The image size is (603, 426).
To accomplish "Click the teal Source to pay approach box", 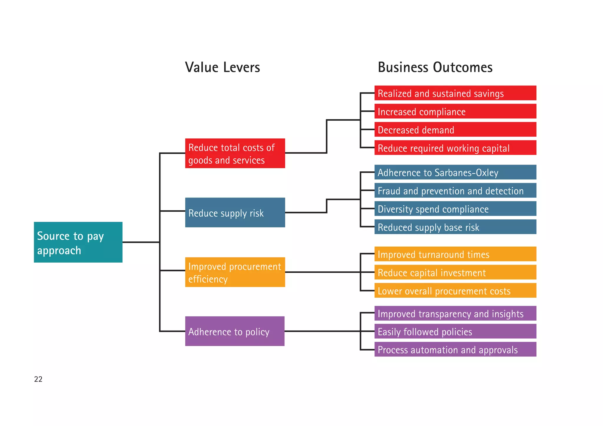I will (x=78, y=242).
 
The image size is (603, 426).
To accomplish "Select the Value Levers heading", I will (x=222, y=67).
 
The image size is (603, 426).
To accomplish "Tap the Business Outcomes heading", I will (x=435, y=67).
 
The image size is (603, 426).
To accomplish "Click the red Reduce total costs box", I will (x=235, y=153).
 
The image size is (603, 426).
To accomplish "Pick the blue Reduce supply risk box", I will (x=235, y=212).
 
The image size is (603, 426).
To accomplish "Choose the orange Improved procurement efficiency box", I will (x=235, y=272).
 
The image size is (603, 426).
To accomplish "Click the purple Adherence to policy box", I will (x=235, y=331).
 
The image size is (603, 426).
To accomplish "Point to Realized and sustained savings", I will (x=455, y=93).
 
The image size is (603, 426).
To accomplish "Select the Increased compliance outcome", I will (x=455, y=111).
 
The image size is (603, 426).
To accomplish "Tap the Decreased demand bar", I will (x=455, y=130).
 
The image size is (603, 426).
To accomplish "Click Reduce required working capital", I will (x=455, y=148).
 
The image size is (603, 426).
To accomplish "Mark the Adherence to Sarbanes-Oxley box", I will (x=455, y=172).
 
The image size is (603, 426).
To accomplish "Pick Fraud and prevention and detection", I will (x=455, y=190).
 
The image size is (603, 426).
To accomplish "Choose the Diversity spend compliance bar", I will (x=455, y=209).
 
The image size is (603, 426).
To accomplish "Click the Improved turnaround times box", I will (x=455, y=254).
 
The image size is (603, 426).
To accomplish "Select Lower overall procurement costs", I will (x=455, y=291).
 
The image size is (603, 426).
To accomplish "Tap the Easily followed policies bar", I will (x=455, y=331).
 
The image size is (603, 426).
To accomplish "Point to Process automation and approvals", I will (x=455, y=349).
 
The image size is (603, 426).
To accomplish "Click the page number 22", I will (x=38, y=379).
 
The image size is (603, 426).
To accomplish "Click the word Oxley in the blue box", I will (x=487, y=173).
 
